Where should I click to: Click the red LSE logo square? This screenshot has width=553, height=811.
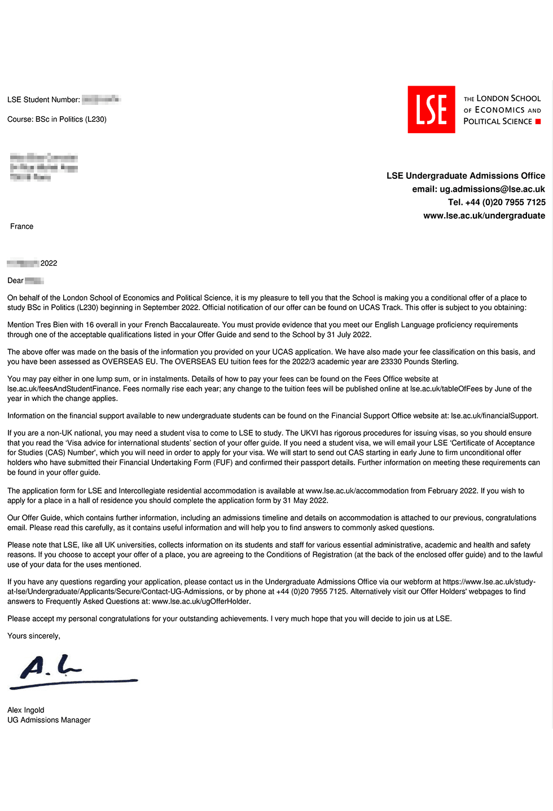[x=431, y=109]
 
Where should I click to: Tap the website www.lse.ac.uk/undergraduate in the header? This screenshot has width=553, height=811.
[x=484, y=215]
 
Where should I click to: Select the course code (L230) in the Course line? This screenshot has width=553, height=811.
[x=96, y=119]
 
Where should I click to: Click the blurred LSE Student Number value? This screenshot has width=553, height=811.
[x=101, y=100]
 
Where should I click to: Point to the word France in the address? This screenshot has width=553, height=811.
[x=21, y=226]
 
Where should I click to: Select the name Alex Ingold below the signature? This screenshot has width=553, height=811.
[x=25, y=710]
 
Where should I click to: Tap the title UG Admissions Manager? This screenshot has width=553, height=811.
[x=49, y=720]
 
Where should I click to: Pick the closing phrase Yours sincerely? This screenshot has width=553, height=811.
[x=33, y=636]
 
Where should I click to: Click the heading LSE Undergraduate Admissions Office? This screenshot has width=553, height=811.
[x=466, y=176]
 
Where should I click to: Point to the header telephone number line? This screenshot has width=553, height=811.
[x=497, y=202]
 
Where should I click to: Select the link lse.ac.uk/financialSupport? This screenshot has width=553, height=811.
[x=494, y=416]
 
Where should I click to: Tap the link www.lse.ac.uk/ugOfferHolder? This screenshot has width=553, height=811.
[x=201, y=601]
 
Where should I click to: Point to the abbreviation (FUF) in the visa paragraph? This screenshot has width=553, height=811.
[x=223, y=462]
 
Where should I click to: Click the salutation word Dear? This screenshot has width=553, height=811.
[x=15, y=280]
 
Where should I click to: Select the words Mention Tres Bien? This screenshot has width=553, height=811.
[x=37, y=325]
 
